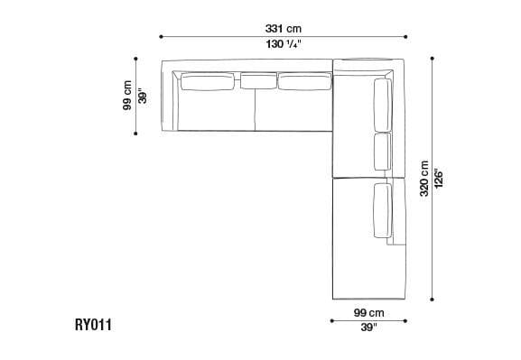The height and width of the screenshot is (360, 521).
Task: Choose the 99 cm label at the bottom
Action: (370, 312)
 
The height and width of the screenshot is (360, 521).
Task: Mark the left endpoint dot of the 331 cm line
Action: (161, 36)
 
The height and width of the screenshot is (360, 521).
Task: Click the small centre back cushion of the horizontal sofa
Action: (257, 83)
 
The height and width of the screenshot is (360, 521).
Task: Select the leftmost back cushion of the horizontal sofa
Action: (209, 83)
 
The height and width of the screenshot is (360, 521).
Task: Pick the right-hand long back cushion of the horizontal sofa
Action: (306, 83)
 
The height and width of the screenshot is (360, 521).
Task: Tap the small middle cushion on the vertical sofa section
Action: (381, 152)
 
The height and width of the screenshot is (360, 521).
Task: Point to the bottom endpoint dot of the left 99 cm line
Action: (135, 134)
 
